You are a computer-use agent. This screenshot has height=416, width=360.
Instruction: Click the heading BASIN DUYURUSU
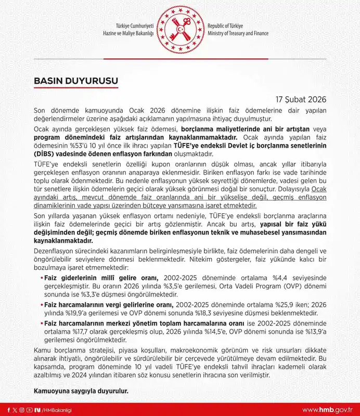pos(76,81)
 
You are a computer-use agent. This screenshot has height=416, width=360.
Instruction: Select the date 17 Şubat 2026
pos(300,98)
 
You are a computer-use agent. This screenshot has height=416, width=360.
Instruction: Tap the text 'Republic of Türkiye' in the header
pos(229,25)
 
